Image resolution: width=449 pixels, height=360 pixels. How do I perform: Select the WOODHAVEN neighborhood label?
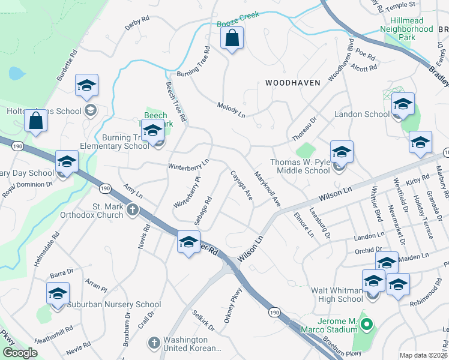point(290,82)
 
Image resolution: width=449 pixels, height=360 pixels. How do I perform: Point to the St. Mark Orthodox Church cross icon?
point(133,211)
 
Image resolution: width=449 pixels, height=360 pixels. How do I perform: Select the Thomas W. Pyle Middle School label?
point(300,166)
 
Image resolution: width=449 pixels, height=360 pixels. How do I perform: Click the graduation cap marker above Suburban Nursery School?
point(58,294)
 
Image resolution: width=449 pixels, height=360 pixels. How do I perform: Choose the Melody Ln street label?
point(231,110)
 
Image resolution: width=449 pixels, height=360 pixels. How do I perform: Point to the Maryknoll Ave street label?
point(268,189)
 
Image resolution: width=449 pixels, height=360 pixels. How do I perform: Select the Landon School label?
point(361,114)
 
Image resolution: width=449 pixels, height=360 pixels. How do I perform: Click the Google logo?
point(20,353)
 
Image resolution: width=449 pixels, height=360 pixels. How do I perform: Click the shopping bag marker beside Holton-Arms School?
point(36,121)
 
